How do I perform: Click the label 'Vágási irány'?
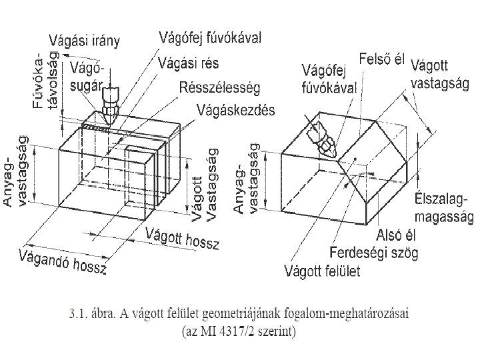pyautogui.click(x=89, y=42)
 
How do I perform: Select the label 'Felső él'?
pyautogui.click(x=382, y=59)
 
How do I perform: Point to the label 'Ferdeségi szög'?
pyautogui.click(x=375, y=254)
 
